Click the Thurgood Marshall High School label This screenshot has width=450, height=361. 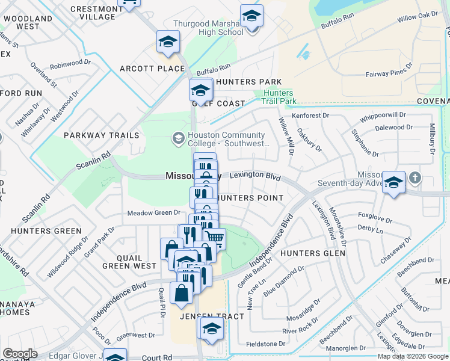pyautogui.click(x=208, y=28)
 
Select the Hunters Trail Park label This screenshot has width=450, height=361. pyautogui.click(x=278, y=97)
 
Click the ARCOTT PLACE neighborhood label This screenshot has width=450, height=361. pyautogui.click(x=152, y=69)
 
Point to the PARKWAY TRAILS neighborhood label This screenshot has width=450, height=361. pyautogui.click(x=102, y=135)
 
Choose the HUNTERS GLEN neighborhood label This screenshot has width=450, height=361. pyautogui.click(x=313, y=253)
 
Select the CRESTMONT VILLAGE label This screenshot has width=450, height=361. pyautogui.click(x=97, y=13)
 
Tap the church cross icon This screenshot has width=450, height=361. pyautogui.click(x=415, y=178)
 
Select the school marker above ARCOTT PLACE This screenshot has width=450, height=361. pyautogui.click(x=168, y=42)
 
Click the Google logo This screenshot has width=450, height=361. pyautogui.click(x=20, y=354)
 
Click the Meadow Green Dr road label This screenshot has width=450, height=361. pyautogui.click(x=154, y=212)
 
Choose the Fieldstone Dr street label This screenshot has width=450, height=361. pyautogui.click(x=266, y=344)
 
